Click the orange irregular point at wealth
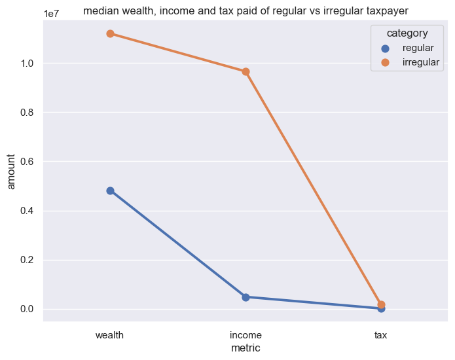tap(110, 33)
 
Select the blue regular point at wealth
tap(110, 190)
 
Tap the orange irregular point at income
tap(246, 71)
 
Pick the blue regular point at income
tap(246, 297)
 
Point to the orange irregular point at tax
tap(381, 304)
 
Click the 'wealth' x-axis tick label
tap(110, 335)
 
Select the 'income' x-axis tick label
tap(246, 335)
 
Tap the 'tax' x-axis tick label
tap(381, 335)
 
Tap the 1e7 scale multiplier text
tap(53, 13)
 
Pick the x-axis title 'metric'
tap(246, 348)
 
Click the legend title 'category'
tap(407, 33)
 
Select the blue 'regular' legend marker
tap(385, 48)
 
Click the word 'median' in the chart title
tap(101, 10)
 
